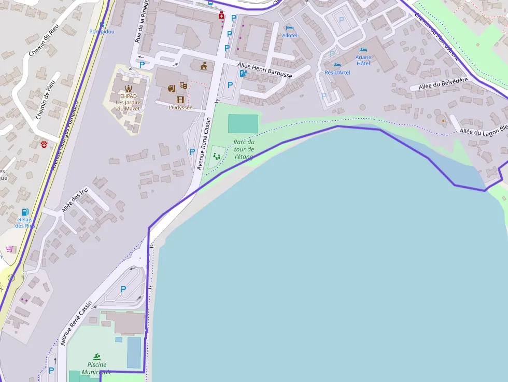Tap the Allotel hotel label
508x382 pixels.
(x=290, y=35)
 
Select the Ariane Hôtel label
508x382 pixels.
(x=363, y=60)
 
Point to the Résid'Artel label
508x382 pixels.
(x=337, y=73)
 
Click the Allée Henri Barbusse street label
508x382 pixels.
(x=264, y=70)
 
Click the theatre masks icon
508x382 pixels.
(x=184, y=86)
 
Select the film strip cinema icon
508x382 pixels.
(x=180, y=100)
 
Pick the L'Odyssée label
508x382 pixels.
(x=180, y=108)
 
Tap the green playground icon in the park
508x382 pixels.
(x=217, y=155)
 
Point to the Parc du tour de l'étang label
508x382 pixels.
(x=244, y=149)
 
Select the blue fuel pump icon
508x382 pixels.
(x=25, y=212)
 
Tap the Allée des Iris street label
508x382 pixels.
(x=75, y=200)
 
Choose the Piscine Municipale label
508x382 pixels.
(x=97, y=368)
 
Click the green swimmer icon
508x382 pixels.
(x=97, y=357)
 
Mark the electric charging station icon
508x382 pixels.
(x=243, y=74)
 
